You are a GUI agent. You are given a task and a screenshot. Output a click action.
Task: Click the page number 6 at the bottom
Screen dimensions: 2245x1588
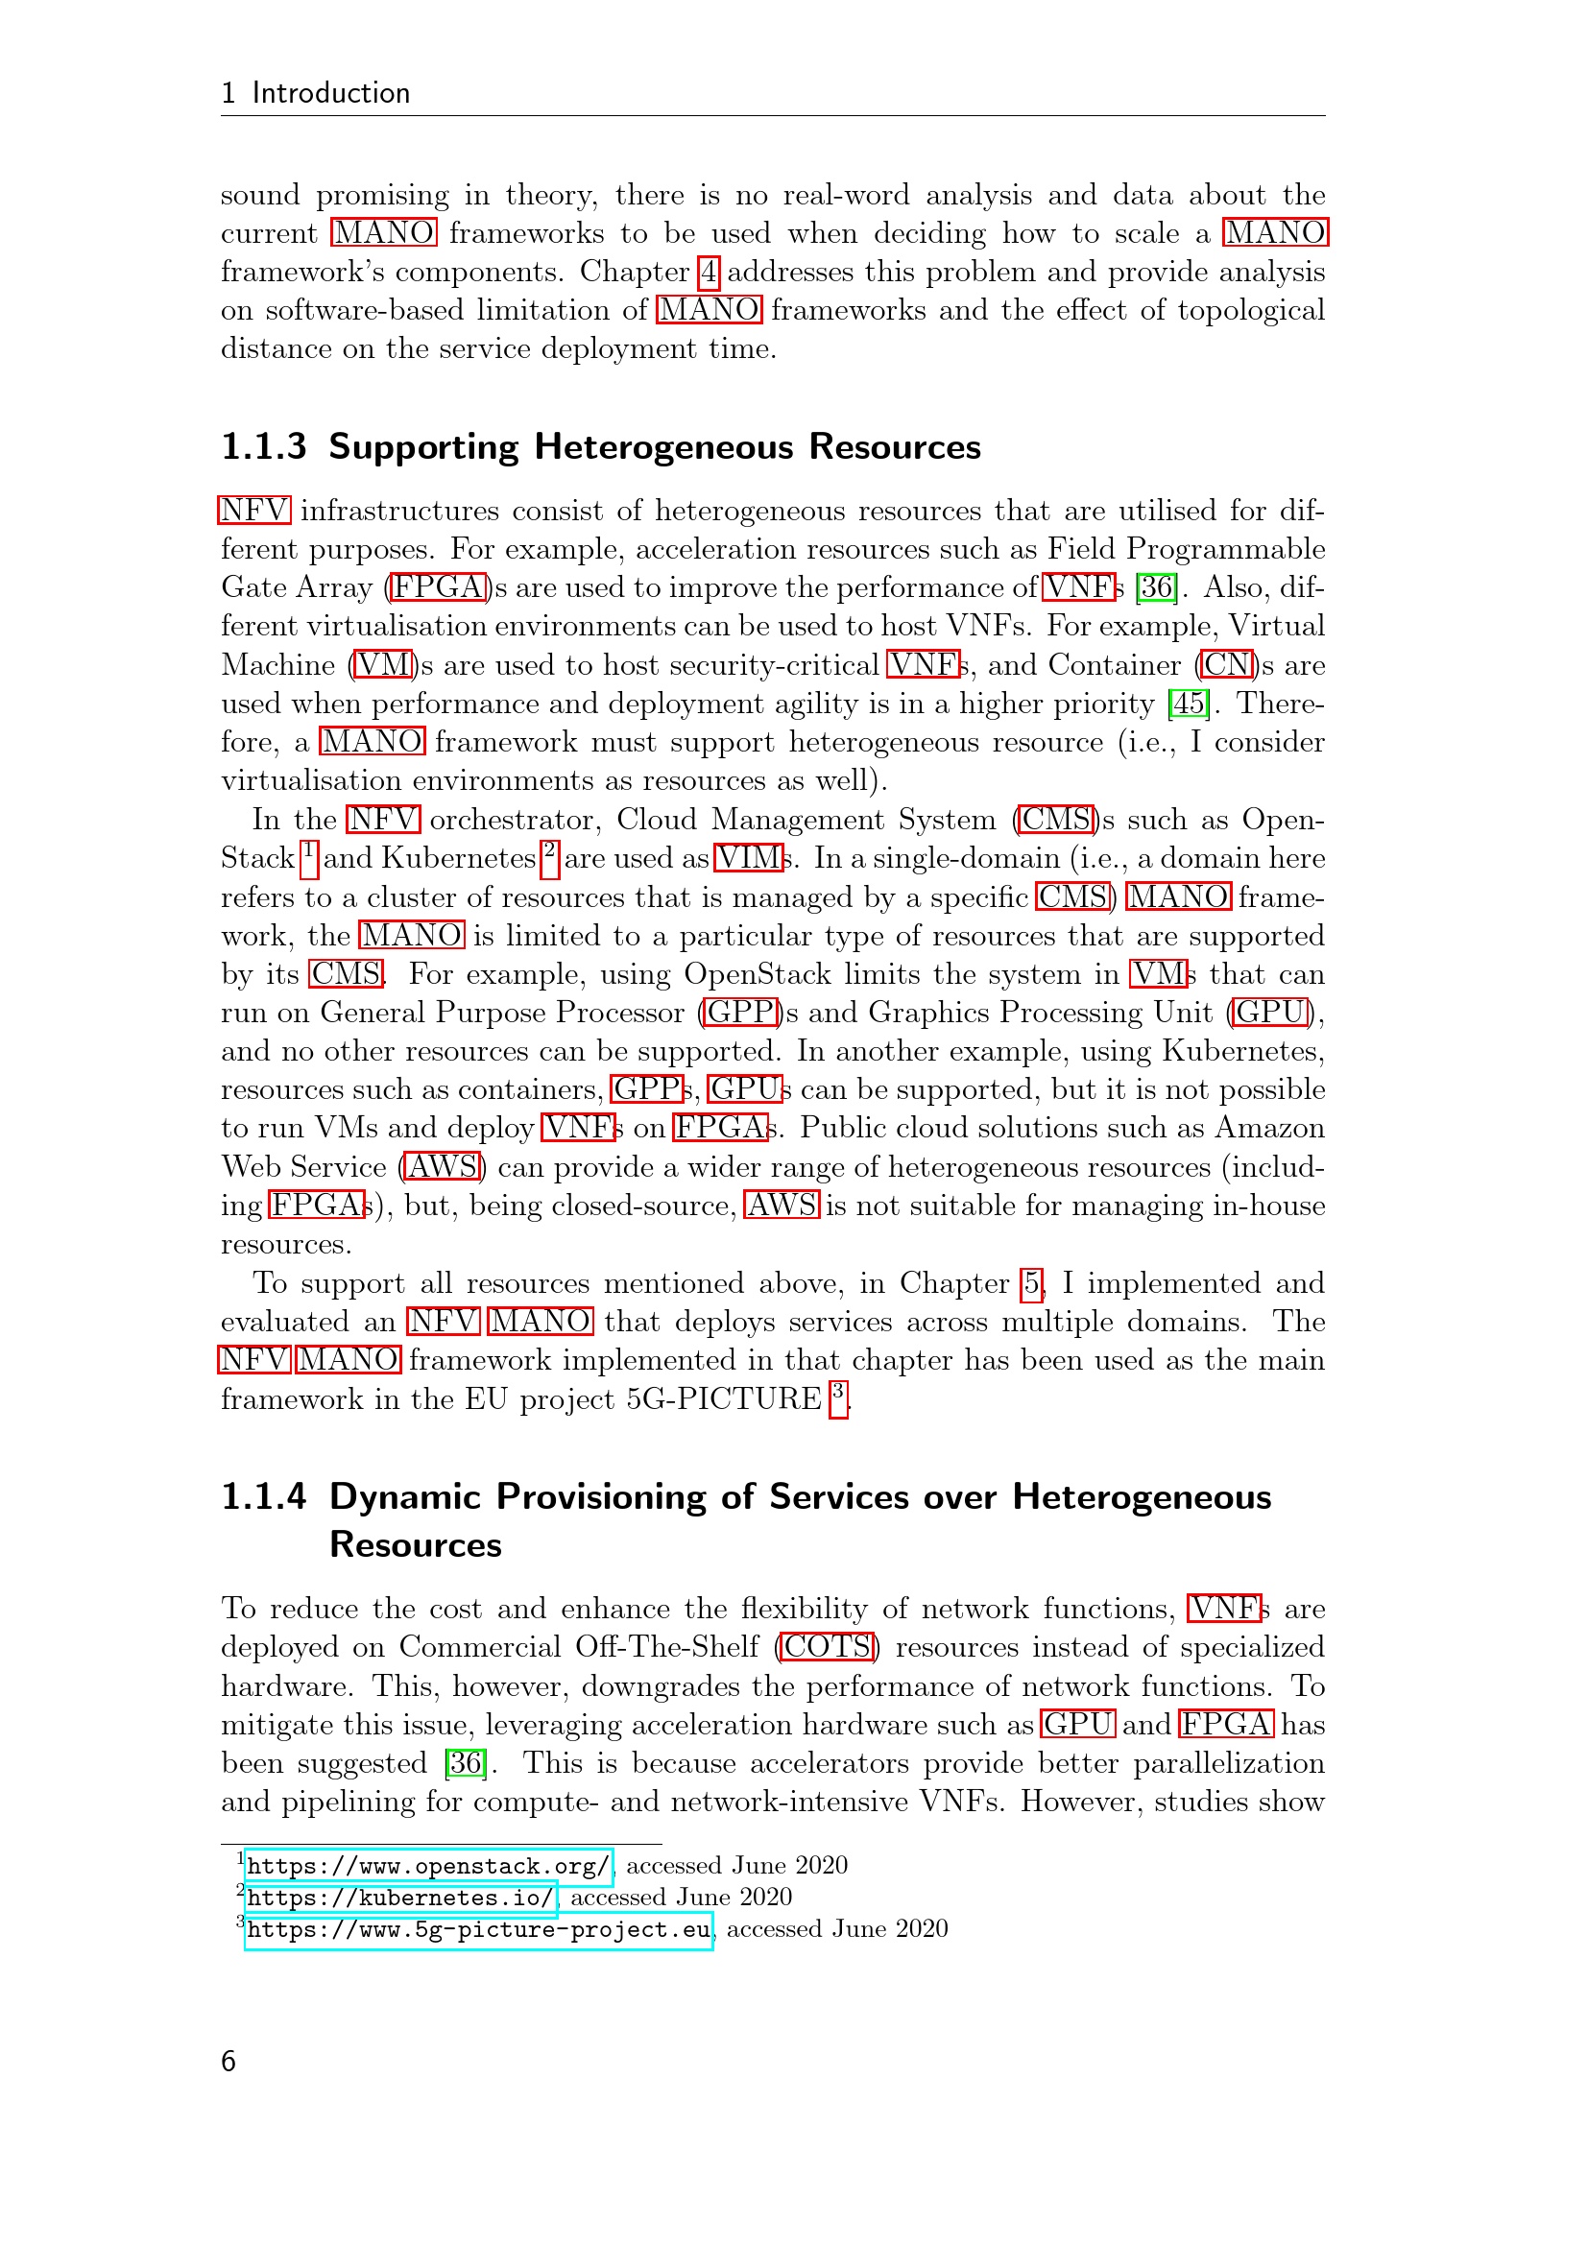point(229,2061)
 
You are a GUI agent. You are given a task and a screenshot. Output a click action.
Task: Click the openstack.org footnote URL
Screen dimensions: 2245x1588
point(428,1866)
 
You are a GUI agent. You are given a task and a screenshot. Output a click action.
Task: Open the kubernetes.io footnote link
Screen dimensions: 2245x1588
point(400,1898)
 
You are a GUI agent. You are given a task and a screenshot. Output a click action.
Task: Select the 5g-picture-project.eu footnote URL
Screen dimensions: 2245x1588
point(478,1930)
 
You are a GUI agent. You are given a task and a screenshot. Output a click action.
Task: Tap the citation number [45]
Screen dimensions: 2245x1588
point(1189,703)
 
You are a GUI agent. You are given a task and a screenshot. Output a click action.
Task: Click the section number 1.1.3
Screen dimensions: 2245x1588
point(264,447)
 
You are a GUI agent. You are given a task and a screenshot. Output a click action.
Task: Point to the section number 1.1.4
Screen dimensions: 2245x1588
point(264,1497)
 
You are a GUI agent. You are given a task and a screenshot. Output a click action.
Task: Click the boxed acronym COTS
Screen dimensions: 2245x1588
point(828,1648)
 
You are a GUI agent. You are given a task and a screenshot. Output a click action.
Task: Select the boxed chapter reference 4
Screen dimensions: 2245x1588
point(709,272)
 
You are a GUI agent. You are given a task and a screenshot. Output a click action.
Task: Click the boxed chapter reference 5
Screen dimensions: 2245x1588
point(1031,1283)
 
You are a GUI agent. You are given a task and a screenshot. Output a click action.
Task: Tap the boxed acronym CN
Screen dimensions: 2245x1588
point(1228,665)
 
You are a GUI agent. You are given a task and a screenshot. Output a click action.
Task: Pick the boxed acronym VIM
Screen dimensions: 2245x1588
point(749,858)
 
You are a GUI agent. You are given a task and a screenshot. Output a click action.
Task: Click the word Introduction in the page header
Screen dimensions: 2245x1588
point(331,93)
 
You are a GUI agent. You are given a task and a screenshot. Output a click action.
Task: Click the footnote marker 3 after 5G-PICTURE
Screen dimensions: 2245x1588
point(838,1397)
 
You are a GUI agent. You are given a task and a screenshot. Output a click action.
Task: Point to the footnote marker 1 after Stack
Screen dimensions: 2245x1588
point(309,856)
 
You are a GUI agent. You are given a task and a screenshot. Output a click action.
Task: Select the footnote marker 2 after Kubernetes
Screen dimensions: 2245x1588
point(550,856)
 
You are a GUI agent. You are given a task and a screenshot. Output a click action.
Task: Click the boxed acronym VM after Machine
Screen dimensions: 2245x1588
point(383,665)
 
